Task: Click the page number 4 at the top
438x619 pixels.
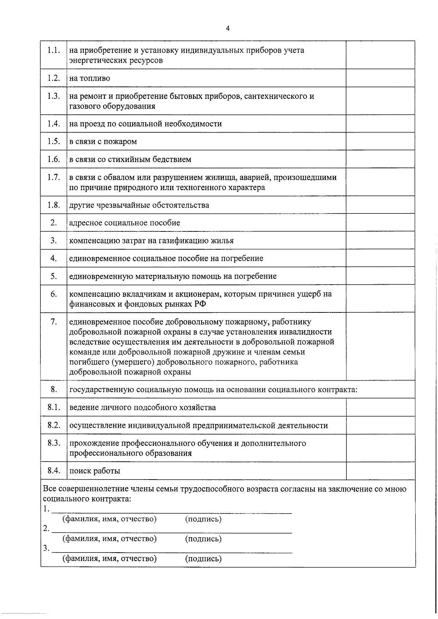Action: click(x=228, y=28)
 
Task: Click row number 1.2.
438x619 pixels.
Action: click(x=53, y=78)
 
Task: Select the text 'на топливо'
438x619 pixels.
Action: click(x=89, y=78)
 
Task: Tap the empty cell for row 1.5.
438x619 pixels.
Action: click(x=380, y=141)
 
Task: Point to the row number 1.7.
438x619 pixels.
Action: click(x=53, y=177)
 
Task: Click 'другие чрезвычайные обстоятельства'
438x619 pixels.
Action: click(x=139, y=205)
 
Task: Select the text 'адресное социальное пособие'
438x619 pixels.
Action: click(x=124, y=223)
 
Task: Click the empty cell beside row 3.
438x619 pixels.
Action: click(x=380, y=241)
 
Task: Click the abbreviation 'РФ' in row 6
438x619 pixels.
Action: click(x=200, y=304)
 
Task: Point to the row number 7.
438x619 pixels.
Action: click(x=53, y=322)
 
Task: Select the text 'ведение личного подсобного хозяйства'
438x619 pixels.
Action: click(x=142, y=408)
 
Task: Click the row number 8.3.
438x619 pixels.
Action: click(x=53, y=443)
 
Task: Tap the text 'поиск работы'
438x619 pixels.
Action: click(x=95, y=471)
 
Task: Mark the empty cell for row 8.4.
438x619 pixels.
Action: click(x=380, y=471)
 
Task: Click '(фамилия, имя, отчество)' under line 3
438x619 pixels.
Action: click(x=109, y=559)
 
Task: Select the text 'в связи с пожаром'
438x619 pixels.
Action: click(x=103, y=142)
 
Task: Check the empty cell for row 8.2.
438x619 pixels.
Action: click(x=380, y=425)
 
